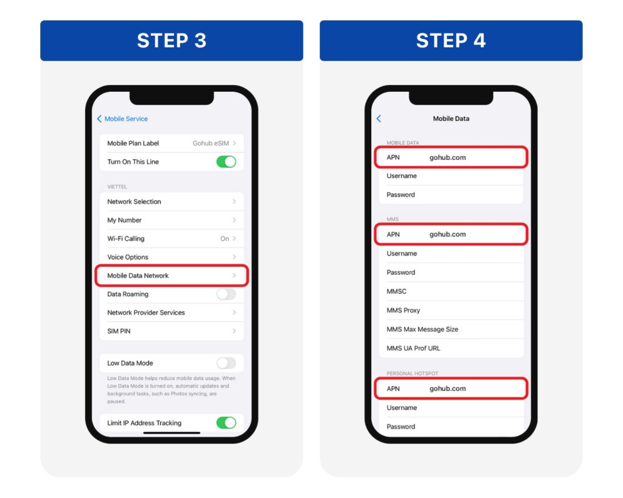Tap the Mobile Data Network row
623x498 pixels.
pyautogui.click(x=172, y=275)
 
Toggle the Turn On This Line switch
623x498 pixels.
pyautogui.click(x=226, y=162)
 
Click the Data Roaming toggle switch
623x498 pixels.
pyautogui.click(x=226, y=294)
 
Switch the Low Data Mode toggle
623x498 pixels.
pyautogui.click(x=226, y=363)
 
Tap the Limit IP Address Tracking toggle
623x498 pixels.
pyautogui.click(x=226, y=423)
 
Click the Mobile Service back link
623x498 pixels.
pyautogui.click(x=122, y=119)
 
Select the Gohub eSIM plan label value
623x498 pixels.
pyautogui.click(x=211, y=144)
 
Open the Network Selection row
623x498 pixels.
pyautogui.click(x=172, y=202)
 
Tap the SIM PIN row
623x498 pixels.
pyautogui.click(x=172, y=331)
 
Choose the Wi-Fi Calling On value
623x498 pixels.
pyautogui.click(x=224, y=239)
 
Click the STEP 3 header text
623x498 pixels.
pyautogui.click(x=172, y=41)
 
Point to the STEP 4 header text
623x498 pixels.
pyautogui.click(x=451, y=41)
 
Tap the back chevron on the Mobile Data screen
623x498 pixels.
pyautogui.click(x=378, y=119)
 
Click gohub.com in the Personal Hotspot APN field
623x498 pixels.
pyautogui.click(x=447, y=389)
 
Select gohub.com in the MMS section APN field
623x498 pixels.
pyautogui.click(x=447, y=234)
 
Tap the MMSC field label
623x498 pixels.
pyautogui.click(x=397, y=291)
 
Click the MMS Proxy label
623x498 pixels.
pyautogui.click(x=403, y=311)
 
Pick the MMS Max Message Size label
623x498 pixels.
pyautogui.click(x=422, y=329)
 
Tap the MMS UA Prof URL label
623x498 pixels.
pyautogui.click(x=413, y=348)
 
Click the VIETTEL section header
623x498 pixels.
pyautogui.click(x=117, y=187)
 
